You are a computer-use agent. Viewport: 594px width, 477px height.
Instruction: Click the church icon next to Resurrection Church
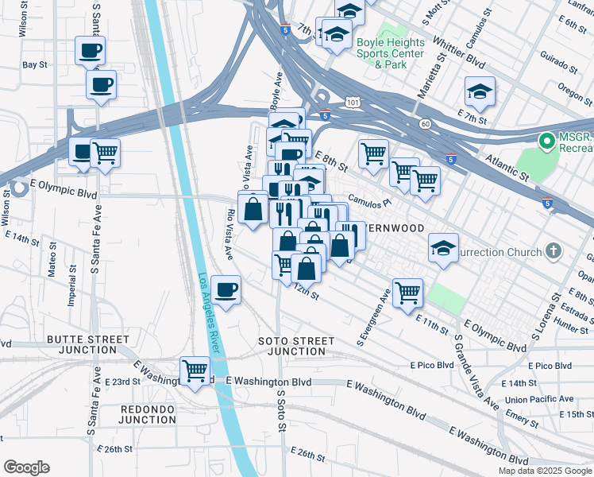(554, 252)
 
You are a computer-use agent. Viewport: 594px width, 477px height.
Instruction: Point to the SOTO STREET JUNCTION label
(296, 346)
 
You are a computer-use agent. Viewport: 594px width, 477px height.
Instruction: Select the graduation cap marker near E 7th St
(480, 92)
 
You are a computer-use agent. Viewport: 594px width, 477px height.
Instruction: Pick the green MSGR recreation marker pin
(546, 142)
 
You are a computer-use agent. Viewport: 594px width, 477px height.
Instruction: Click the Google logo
(26, 467)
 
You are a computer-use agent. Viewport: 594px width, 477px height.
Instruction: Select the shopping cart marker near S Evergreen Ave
(407, 292)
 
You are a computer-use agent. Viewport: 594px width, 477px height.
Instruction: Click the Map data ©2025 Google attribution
(544, 471)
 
